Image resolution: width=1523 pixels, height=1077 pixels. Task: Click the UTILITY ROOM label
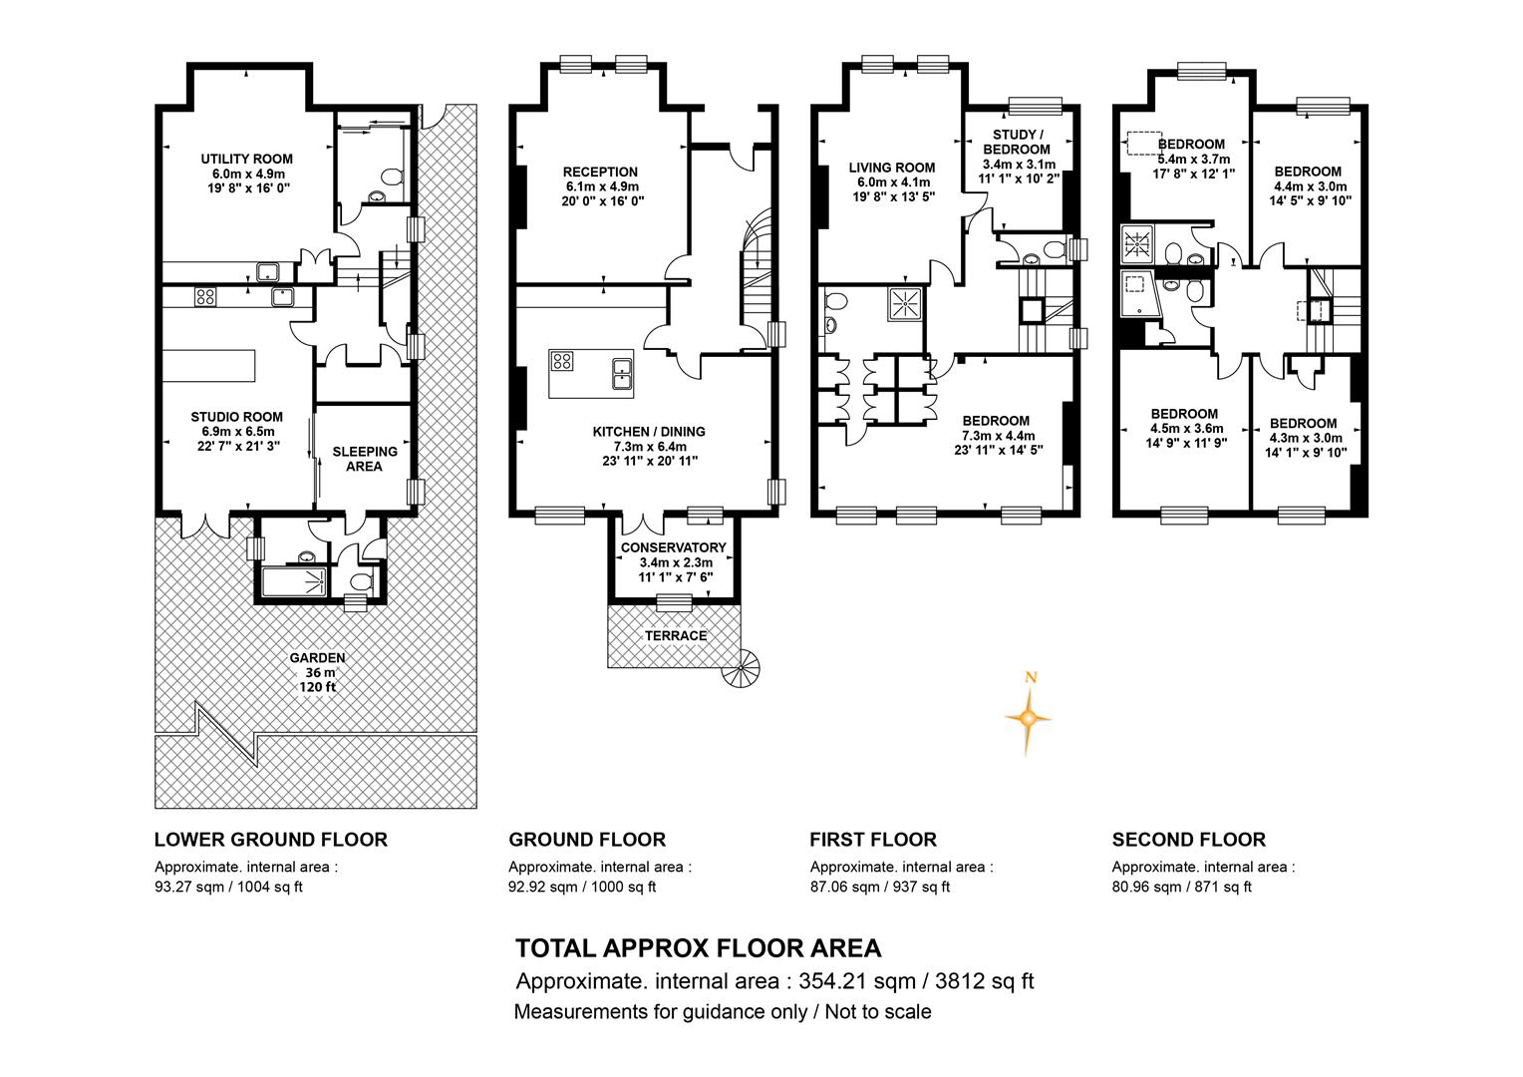pos(247,159)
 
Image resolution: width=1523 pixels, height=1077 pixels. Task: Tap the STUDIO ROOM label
pos(236,417)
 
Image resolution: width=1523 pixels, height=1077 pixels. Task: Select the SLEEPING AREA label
pos(365,459)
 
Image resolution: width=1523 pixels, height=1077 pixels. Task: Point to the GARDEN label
pos(318,658)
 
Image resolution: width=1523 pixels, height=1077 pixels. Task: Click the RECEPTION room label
pos(600,172)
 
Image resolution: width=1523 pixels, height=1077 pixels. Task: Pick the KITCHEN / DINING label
pos(649,432)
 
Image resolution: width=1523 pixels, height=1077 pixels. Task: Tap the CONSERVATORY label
pos(673,547)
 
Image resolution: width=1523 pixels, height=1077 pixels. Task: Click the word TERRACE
pos(676,635)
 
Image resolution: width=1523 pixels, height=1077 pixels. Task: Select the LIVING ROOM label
pos(892,168)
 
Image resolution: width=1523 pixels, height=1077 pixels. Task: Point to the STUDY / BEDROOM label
pos(1017,142)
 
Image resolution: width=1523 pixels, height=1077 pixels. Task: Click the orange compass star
pos(1028,717)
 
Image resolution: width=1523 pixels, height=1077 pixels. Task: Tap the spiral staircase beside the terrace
pos(741,668)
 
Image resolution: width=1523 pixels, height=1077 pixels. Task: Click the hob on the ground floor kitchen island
pos(562,361)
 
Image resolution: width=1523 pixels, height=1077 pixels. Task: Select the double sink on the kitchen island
pos(621,373)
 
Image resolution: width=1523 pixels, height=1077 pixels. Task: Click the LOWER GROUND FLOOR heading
pos(270,840)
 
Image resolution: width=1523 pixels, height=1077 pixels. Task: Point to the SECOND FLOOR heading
pos(1188,840)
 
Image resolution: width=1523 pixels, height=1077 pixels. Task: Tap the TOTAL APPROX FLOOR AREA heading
pos(699,947)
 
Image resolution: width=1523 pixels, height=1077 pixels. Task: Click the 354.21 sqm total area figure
pos(857,981)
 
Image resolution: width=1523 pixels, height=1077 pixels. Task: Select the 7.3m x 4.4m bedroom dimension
pos(998,436)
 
